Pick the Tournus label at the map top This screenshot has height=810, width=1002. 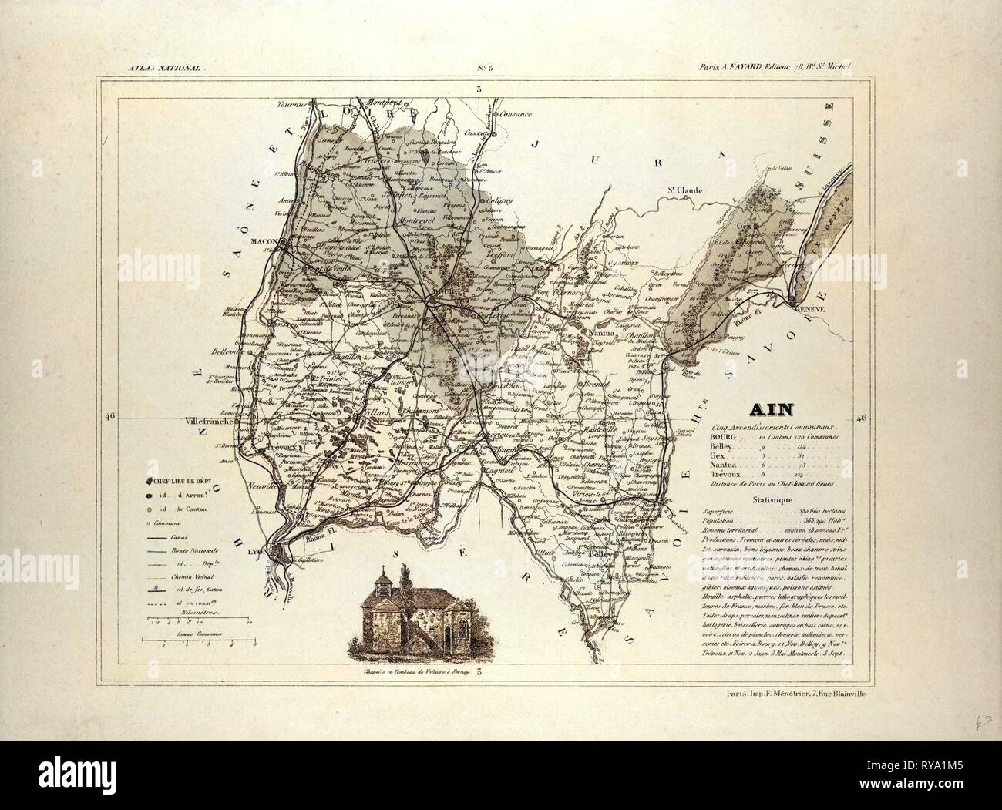[x=292, y=102]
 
